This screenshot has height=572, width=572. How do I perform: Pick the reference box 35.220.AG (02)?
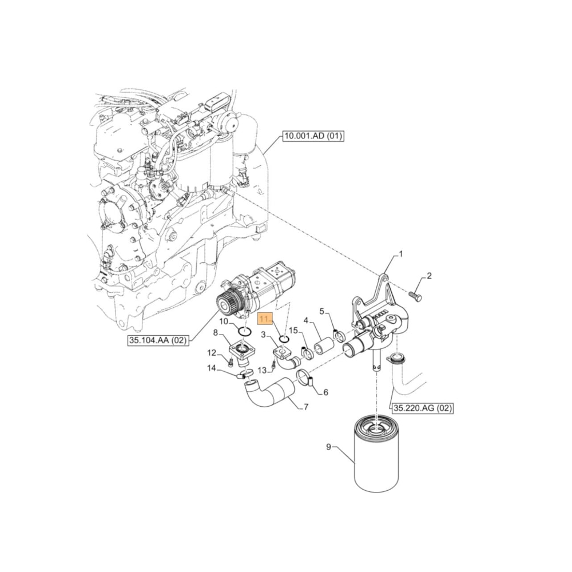tap(422, 408)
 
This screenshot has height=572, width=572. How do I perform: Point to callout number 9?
tap(328, 447)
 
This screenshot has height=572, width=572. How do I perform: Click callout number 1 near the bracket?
tap(400, 253)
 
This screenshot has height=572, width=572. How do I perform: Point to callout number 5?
tap(321, 312)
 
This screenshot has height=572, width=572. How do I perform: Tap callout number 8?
tap(215, 332)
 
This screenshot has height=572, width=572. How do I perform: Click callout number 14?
tap(211, 368)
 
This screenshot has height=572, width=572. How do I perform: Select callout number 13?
tap(262, 371)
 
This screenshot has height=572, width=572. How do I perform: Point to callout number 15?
tap(293, 331)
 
